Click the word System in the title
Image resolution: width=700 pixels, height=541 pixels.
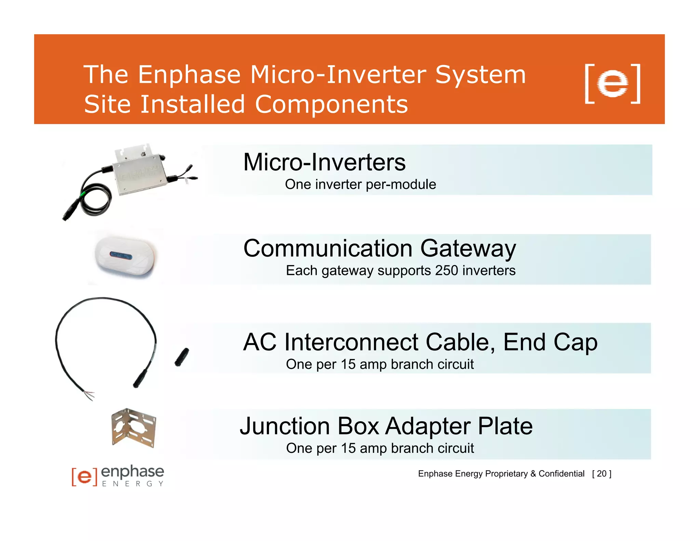point(480,75)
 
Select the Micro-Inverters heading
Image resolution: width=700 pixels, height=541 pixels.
point(324,162)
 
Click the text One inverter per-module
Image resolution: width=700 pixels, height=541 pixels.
point(360,184)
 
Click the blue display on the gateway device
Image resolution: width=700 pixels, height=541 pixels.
point(121,255)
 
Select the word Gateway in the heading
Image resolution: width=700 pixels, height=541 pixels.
point(468,249)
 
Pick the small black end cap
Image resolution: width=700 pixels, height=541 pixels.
point(182,357)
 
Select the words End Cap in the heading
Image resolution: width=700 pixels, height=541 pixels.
point(550,342)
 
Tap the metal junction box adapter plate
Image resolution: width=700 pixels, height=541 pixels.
point(134,427)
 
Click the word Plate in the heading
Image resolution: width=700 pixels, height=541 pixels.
point(505,426)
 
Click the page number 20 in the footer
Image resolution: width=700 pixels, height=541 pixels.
point(602,474)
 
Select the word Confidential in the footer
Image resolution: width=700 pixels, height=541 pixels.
point(561,474)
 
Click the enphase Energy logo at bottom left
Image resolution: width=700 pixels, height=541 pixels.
point(118,476)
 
